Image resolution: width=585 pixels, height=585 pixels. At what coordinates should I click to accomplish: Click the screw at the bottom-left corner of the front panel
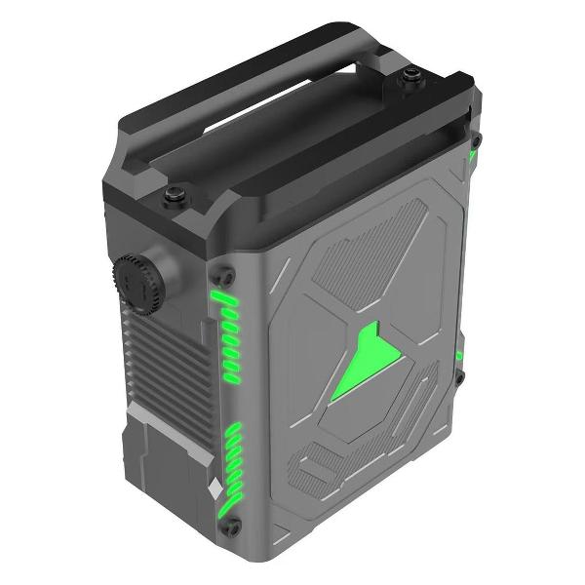(232, 527)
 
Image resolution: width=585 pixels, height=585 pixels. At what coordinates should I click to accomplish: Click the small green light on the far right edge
(459, 355)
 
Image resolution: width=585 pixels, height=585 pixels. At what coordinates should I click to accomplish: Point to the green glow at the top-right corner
(473, 156)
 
